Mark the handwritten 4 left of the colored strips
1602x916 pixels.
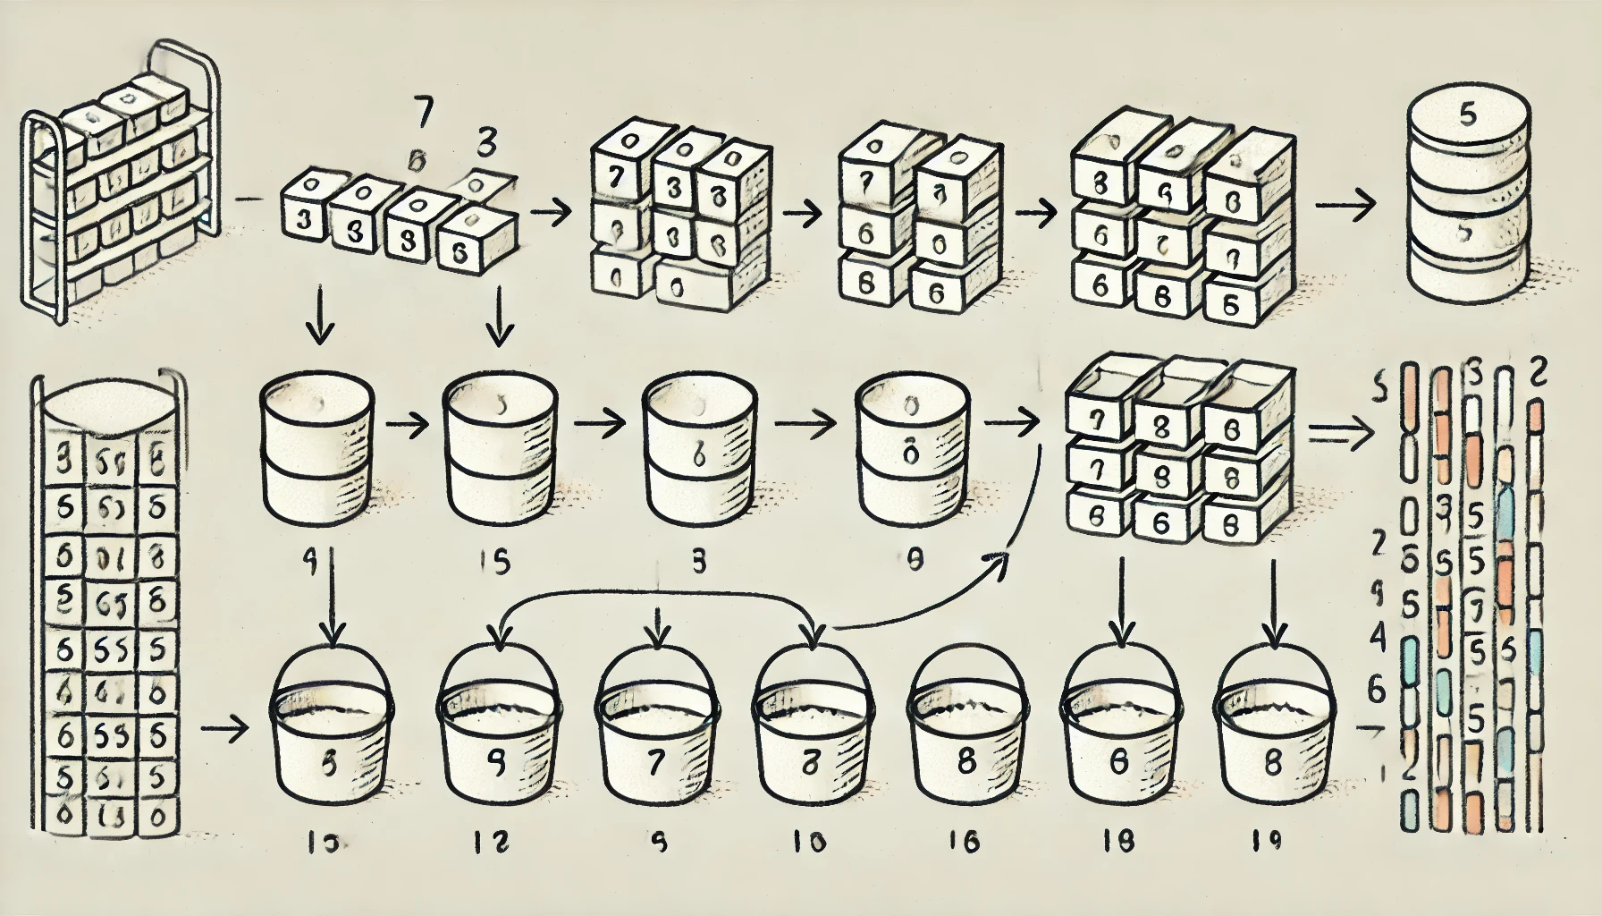tap(1378, 639)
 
